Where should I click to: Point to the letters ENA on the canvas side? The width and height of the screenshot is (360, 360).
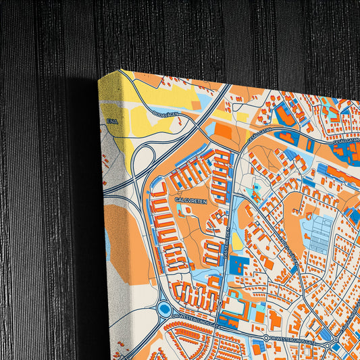pyautogui.click(x=111, y=122)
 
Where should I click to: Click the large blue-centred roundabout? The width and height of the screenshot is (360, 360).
pyautogui.click(x=164, y=309)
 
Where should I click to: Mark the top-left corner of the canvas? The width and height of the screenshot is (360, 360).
pyautogui.click(x=100, y=78)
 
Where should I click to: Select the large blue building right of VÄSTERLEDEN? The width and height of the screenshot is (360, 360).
pyautogui.click(x=238, y=265)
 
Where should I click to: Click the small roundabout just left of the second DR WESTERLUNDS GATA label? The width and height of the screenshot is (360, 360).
pyautogui.click(x=266, y=336)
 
